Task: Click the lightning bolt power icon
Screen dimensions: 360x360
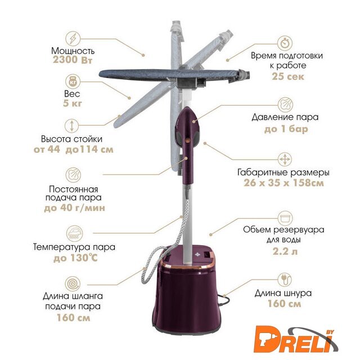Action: [73, 39]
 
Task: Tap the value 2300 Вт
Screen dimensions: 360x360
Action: [73, 60]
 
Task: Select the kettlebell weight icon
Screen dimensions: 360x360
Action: [73, 81]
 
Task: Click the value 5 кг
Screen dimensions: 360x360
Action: [73, 103]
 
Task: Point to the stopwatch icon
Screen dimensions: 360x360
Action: [285, 43]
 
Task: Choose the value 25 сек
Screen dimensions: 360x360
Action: [288, 76]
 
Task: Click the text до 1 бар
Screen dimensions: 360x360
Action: [286, 129]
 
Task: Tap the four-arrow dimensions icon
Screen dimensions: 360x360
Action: [285, 159]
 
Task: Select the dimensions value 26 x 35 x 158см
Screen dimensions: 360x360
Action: [283, 183]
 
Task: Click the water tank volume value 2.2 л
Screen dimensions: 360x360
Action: [285, 251]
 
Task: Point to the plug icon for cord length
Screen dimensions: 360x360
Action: [285, 280]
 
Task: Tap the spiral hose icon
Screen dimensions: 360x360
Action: [73, 283]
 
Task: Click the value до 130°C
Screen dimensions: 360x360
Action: [75, 258]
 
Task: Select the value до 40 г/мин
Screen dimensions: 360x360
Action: [74, 208]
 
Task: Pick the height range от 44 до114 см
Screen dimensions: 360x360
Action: [74, 150]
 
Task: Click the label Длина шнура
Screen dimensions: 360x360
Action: [283, 293]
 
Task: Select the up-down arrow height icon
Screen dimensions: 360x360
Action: [72, 126]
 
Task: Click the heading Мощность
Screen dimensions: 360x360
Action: [73, 51]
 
